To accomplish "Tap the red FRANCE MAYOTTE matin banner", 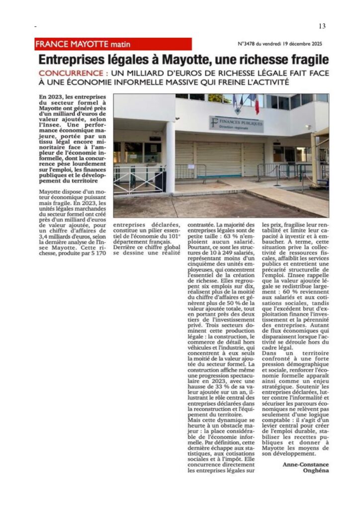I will tap(112, 44).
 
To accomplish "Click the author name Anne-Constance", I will tap(302, 464).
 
